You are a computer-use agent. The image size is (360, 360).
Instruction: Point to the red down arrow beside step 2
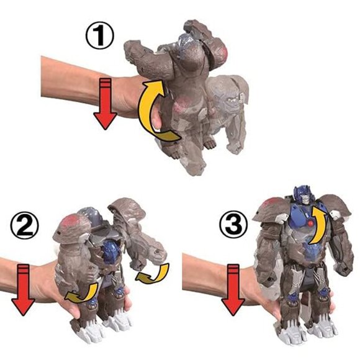tap(22, 288)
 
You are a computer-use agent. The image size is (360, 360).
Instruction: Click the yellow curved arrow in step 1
tap(153, 108)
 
